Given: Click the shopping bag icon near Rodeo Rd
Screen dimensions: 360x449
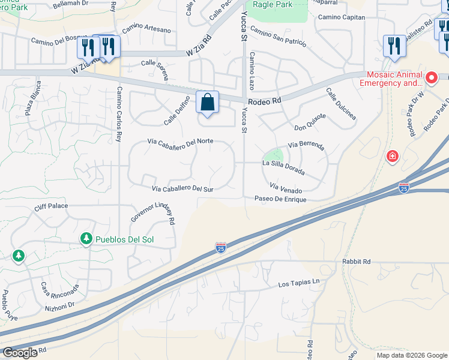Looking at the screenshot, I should click(207, 103).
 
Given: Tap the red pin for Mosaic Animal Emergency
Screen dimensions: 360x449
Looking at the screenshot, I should click(430, 78).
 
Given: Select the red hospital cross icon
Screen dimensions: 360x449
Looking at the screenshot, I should click(393, 156).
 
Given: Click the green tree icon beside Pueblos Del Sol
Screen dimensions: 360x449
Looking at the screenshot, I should click(86, 239).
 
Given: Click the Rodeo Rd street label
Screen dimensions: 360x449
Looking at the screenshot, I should click(265, 101).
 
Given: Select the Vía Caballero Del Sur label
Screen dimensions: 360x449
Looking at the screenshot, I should click(183, 188).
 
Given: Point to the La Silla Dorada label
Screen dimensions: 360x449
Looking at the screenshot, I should click(283, 167).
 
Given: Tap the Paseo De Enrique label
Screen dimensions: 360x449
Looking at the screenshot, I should click(280, 199).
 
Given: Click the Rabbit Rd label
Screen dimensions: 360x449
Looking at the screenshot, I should click(358, 262).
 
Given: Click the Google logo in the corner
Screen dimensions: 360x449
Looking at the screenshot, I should click(20, 353).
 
